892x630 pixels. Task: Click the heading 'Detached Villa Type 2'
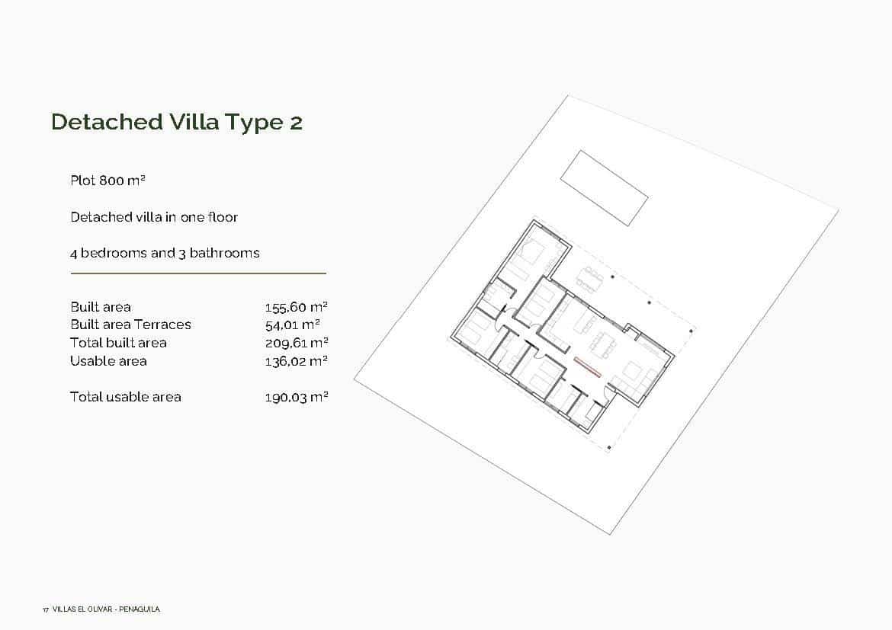coord(176,122)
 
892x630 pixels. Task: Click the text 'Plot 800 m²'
coord(107,181)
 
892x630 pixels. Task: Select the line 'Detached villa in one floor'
coord(154,217)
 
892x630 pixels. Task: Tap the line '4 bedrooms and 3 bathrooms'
coord(165,253)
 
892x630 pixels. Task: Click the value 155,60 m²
coord(296,307)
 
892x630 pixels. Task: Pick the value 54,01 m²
coord(292,325)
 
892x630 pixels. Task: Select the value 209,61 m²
coord(296,343)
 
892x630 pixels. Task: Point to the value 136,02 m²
coord(296,361)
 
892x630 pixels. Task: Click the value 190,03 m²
coord(296,397)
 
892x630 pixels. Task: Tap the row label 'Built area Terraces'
coord(130,325)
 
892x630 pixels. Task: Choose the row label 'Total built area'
coord(118,343)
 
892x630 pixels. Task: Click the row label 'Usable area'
coord(108,361)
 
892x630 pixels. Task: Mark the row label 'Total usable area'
coord(126,397)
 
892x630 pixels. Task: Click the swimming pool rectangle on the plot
coord(604,187)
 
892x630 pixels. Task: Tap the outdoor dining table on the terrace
coord(589,279)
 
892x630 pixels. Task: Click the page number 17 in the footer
coord(46,609)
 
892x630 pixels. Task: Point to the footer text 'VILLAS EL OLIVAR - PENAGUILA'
coord(106,609)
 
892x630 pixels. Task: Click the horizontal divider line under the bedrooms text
coord(198,273)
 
